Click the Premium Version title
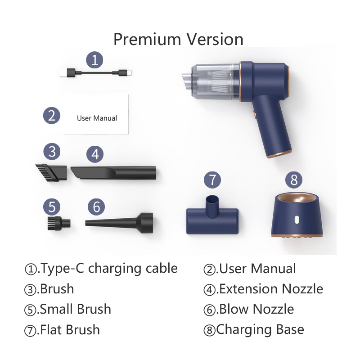(178, 39)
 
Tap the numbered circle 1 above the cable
(94, 59)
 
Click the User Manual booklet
(96, 114)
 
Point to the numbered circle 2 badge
(52, 115)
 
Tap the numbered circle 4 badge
(94, 154)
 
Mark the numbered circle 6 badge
(96, 207)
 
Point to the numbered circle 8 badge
(294, 180)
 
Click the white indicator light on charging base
(296, 220)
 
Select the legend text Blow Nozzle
(255, 309)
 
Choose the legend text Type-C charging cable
(108, 269)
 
